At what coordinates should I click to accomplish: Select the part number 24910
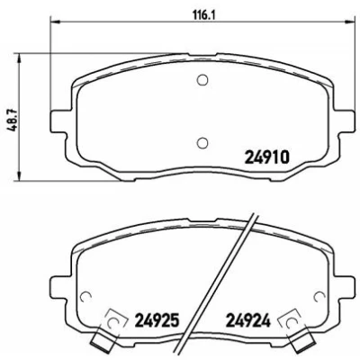pos(267,157)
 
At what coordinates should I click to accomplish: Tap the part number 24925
pos(157,320)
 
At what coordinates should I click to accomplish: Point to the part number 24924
pos(248,320)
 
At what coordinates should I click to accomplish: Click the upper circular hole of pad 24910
pos(202,79)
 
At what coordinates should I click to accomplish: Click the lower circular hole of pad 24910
pos(202,142)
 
